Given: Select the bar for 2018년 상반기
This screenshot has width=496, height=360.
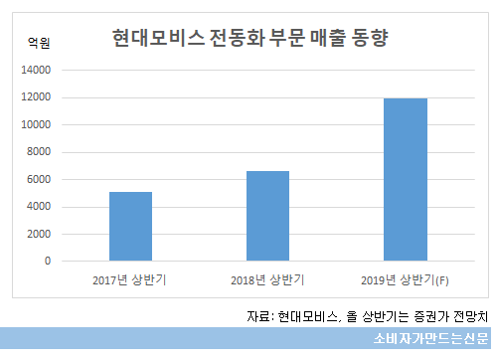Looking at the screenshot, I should click(267, 216).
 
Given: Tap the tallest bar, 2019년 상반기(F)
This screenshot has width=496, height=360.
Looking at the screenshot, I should click(405, 180).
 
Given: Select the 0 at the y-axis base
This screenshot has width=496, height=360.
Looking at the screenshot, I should click(47, 262).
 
